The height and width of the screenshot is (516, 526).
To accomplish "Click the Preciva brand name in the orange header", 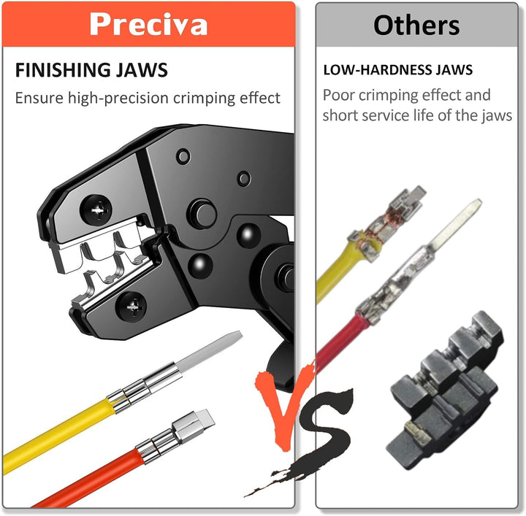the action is click(x=148, y=24).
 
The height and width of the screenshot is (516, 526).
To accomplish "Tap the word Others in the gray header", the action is click(x=416, y=26).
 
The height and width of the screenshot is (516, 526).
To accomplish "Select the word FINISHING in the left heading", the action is click(x=63, y=70).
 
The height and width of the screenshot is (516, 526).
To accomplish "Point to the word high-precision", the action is click(x=119, y=99).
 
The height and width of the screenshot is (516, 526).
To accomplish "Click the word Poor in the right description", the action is click(x=338, y=95).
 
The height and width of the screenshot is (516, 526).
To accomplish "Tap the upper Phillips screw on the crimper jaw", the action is click(x=96, y=210).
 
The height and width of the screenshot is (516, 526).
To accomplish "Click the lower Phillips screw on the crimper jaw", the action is click(x=131, y=307).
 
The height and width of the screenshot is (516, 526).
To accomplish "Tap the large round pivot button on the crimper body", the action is click(x=202, y=214).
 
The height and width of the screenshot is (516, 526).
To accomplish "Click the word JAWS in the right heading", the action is click(x=454, y=69).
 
